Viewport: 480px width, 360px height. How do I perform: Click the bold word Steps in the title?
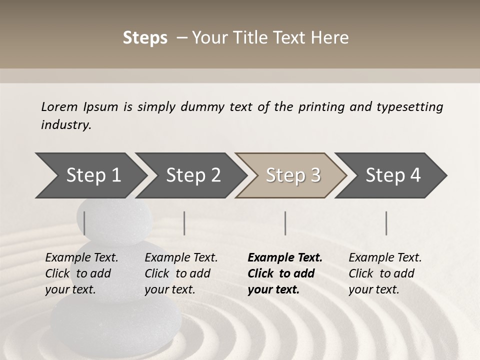coord(145,38)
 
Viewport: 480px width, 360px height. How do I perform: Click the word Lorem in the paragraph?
coord(59,106)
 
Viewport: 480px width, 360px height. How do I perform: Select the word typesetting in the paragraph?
coord(409,107)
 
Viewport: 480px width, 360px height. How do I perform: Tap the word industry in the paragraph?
coord(65,124)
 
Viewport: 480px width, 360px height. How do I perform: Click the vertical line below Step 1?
coord(84,223)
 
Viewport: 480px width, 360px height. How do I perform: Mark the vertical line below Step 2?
coord(184,223)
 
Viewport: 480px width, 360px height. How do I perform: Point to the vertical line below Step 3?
coord(285,223)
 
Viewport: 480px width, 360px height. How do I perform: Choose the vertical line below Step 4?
coord(386,223)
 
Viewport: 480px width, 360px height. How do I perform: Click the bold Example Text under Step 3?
coord(285,257)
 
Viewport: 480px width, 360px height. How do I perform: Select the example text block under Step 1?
coord(81,273)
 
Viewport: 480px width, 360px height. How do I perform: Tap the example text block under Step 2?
coord(181,273)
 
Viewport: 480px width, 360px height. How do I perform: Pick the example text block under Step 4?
coord(385,273)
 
